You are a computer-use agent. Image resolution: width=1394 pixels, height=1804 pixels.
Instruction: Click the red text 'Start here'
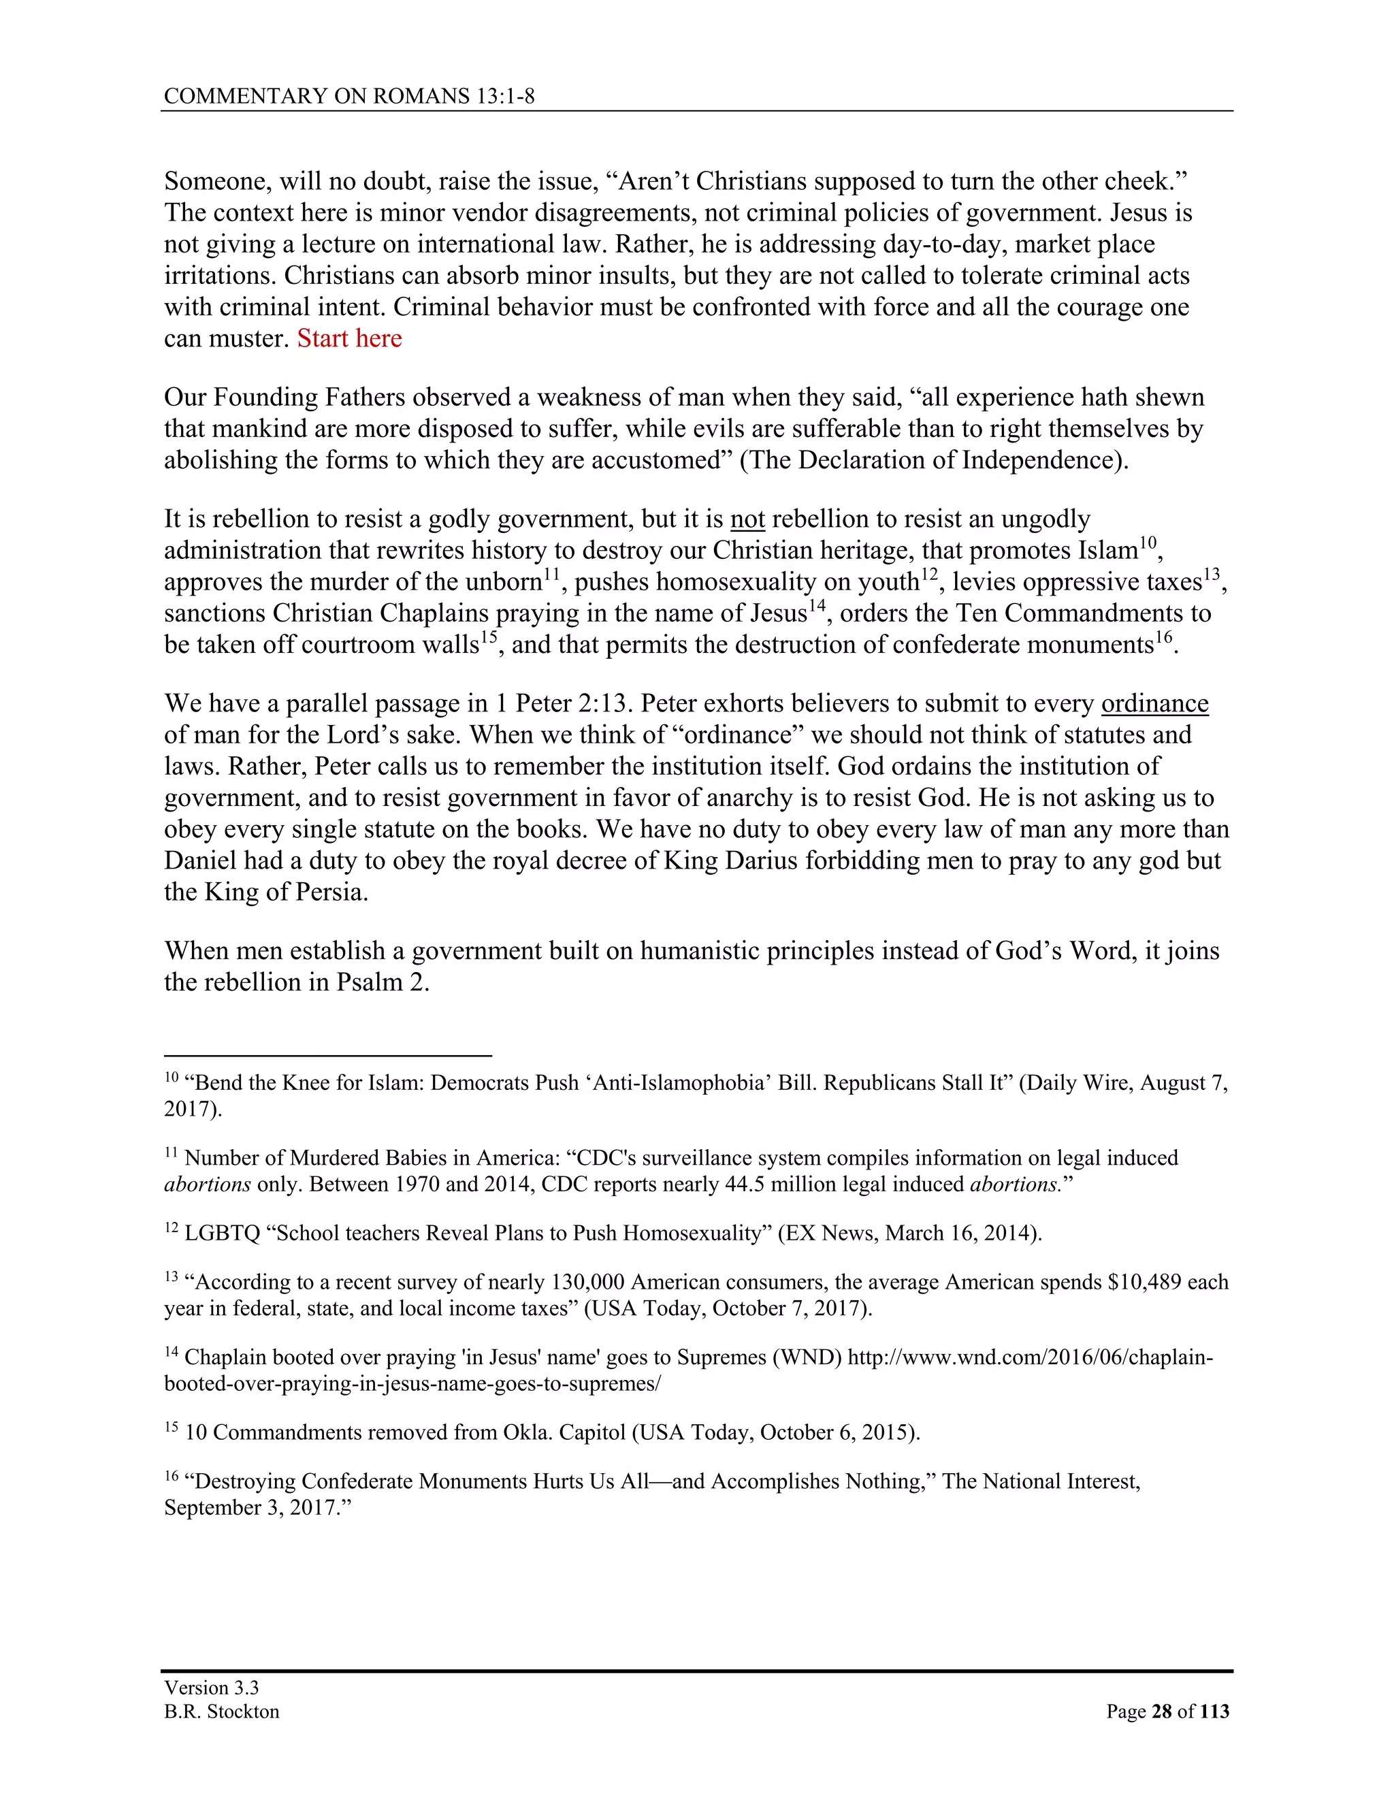click(349, 338)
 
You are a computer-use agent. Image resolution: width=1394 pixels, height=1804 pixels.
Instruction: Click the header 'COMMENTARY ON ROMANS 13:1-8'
click(349, 97)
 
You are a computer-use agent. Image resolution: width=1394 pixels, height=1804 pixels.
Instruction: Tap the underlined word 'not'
click(747, 519)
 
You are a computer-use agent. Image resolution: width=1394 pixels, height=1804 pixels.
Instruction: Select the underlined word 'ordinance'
click(1154, 704)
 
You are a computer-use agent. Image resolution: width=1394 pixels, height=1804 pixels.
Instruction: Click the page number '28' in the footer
click(1161, 1711)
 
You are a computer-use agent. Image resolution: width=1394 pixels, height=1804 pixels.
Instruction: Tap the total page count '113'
click(1214, 1711)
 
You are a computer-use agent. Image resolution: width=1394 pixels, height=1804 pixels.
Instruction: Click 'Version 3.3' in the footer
click(212, 1688)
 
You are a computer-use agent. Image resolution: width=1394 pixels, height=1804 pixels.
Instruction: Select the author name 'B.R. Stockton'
click(221, 1711)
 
